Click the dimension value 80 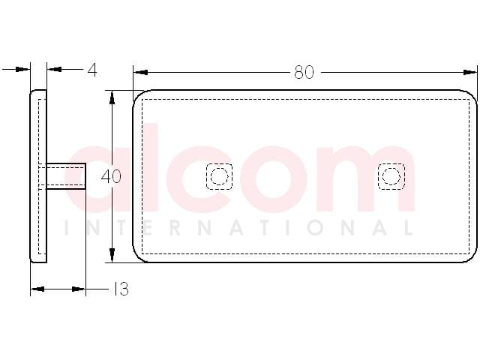pyautogui.click(x=304, y=73)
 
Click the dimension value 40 pyautogui.click(x=111, y=177)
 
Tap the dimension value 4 pyautogui.click(x=91, y=70)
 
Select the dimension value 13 pyautogui.click(x=121, y=289)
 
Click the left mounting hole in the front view pyautogui.click(x=219, y=176)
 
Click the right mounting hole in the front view pyautogui.click(x=391, y=176)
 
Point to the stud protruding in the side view pyautogui.click(x=66, y=176)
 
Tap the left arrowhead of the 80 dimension pyautogui.click(x=141, y=73)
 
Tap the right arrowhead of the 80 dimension pyautogui.click(x=469, y=73)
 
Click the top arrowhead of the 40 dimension pyautogui.click(x=112, y=98)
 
